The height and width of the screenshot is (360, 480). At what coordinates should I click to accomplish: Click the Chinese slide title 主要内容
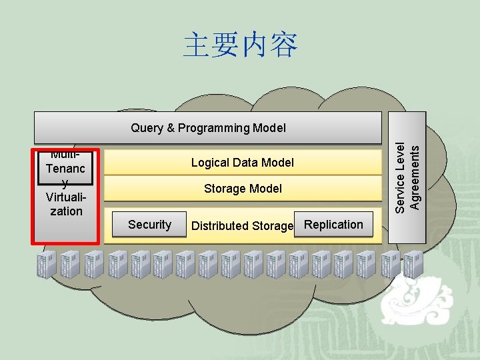(240, 45)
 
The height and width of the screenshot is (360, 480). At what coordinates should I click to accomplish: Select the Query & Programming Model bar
(208, 127)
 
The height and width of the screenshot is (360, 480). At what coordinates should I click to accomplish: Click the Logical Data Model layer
(242, 163)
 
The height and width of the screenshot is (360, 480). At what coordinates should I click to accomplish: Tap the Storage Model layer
(242, 189)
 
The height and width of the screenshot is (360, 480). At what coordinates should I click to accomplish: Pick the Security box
(149, 225)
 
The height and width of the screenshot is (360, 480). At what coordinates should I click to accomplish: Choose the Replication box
(333, 225)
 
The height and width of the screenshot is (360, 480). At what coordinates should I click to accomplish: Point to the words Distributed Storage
(242, 226)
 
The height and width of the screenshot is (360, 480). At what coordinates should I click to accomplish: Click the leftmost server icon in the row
(47, 264)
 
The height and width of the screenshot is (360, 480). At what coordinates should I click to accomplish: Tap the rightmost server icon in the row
(413, 264)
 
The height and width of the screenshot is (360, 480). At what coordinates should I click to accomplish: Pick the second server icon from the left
(69, 264)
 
